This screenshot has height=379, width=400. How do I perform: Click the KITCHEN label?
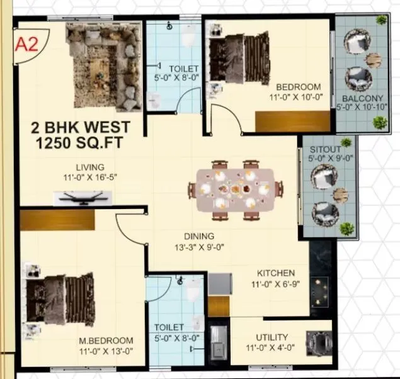tap(276, 273)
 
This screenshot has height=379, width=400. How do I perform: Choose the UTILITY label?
tap(271, 337)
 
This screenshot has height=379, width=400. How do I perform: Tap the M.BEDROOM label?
tap(106, 341)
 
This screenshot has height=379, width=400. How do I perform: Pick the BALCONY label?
tap(362, 98)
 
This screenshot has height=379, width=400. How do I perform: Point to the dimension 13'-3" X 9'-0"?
tap(200, 246)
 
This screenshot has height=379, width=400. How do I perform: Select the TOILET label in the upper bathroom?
tap(184, 68)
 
